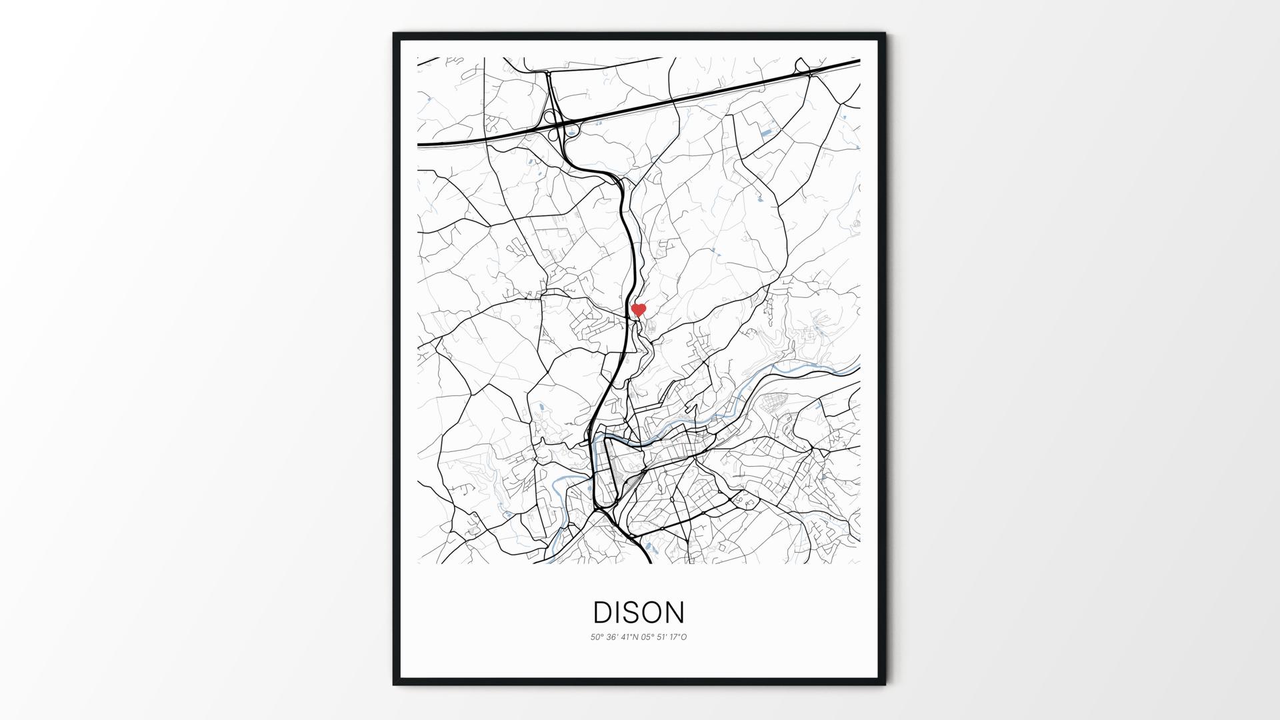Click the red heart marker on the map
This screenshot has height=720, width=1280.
(x=639, y=310)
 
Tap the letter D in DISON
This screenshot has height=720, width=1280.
(x=602, y=613)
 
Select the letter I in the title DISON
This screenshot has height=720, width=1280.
(x=617, y=613)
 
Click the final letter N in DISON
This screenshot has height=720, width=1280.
(x=675, y=613)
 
